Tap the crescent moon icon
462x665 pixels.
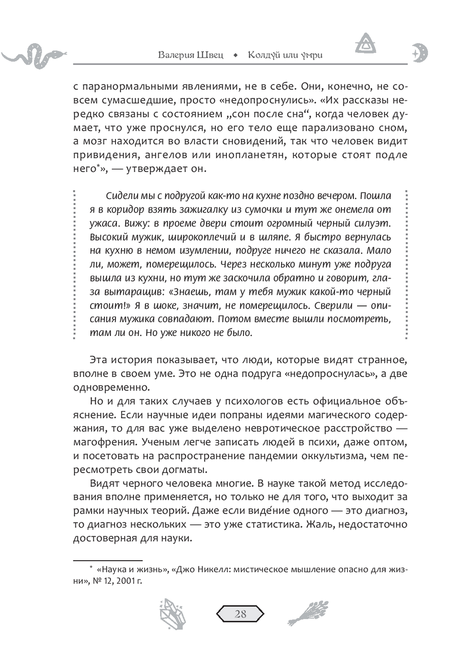coord(420,54)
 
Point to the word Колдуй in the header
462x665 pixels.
coord(264,55)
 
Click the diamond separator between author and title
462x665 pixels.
coord(236,55)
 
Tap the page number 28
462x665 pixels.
coord(240,614)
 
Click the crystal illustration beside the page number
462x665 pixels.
coord(172,614)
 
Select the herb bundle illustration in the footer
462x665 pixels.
coord(309,614)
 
